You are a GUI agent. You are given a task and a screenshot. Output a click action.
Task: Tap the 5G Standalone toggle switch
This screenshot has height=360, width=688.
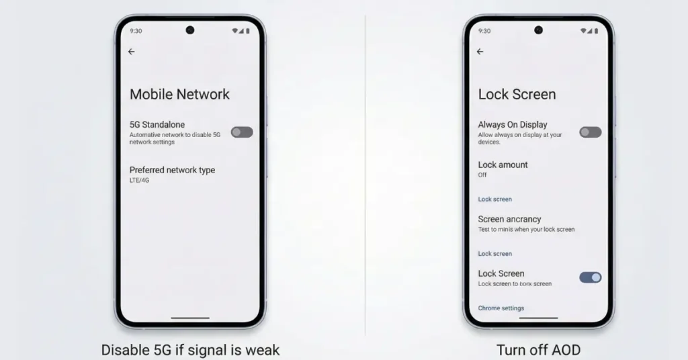point(242,132)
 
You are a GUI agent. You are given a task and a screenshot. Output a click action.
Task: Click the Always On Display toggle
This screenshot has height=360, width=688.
point(590,132)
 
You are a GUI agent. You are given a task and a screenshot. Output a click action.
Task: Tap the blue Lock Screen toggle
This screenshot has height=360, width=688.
point(590,277)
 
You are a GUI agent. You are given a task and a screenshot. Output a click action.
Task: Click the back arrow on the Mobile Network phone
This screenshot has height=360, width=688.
point(131,52)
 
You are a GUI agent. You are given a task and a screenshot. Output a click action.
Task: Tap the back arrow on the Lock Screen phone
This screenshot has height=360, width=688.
point(480,52)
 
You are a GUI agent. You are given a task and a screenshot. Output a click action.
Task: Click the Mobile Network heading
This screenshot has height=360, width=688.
point(179,94)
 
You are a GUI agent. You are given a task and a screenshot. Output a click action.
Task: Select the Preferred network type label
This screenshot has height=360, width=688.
point(172,170)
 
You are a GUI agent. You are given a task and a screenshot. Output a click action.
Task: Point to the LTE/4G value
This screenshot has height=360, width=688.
point(139,180)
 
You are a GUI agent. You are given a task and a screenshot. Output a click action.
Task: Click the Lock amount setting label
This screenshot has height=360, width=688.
point(503,165)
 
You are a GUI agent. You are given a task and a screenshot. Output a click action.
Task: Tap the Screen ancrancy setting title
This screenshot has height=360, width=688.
point(509,219)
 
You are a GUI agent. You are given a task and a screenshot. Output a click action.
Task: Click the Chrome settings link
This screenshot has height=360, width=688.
point(501,308)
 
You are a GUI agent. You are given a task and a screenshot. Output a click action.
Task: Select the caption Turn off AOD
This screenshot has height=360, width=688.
point(538,350)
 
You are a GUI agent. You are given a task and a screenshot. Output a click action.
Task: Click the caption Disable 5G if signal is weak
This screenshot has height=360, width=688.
point(190,350)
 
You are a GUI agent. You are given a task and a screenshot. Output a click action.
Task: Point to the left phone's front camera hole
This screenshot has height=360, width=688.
point(190,30)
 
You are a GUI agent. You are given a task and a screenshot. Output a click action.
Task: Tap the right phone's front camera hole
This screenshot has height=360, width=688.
point(538,30)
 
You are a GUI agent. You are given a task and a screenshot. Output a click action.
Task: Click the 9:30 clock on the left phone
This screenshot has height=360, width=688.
point(136,31)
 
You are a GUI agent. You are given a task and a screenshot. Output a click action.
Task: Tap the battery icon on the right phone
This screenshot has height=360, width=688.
point(597,31)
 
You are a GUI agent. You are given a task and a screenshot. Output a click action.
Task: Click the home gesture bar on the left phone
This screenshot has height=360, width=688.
point(190,318)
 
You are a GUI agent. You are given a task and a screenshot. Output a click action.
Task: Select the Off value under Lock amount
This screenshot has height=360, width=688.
point(482,175)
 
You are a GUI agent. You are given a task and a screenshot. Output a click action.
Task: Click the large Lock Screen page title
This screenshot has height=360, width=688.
point(517,94)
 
